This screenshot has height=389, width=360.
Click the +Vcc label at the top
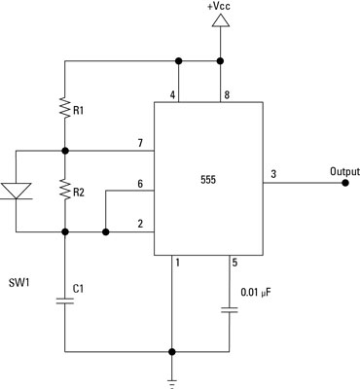pyautogui.click(x=219, y=8)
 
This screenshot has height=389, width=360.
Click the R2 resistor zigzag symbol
pyautogui.click(x=64, y=192)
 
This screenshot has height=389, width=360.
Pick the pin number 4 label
pyautogui.click(x=173, y=94)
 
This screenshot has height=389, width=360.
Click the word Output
pyautogui.click(x=330, y=170)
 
